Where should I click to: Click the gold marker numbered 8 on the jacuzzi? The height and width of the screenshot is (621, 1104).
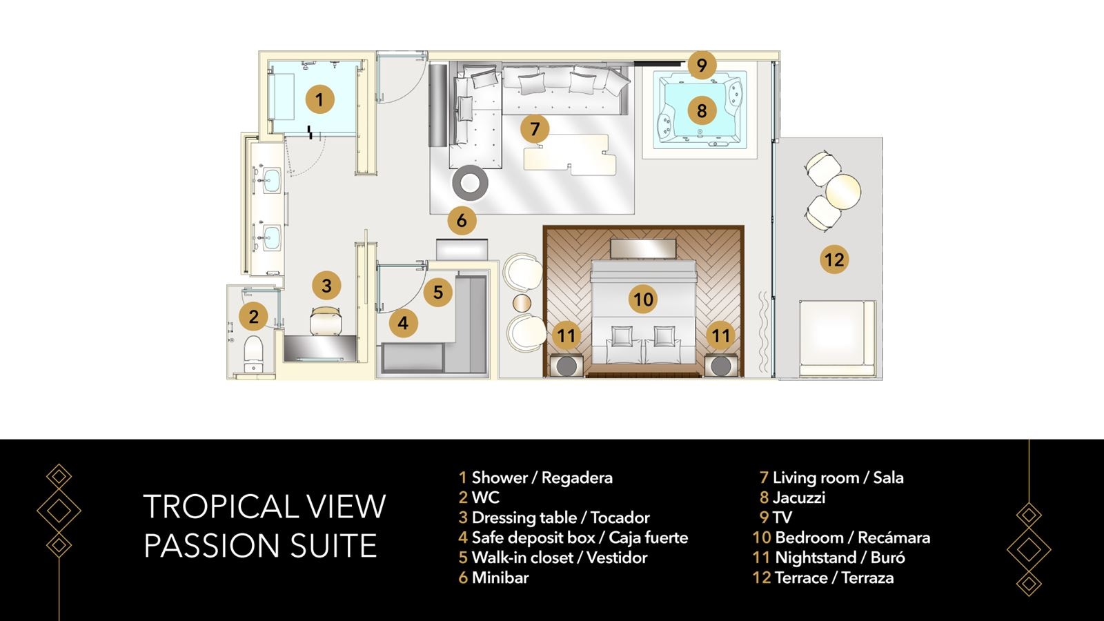702,110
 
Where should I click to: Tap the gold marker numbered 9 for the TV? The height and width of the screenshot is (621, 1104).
702,66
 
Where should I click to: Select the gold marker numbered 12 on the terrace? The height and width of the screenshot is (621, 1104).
834,260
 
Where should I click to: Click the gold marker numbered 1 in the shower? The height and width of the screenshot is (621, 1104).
319,99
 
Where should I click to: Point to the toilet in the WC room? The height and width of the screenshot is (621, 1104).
254,349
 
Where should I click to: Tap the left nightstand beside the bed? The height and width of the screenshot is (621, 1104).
566,365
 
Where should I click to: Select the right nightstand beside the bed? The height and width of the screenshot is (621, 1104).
721,365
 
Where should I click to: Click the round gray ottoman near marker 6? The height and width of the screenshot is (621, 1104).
471,183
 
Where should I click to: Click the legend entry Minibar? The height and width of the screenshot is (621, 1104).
500,578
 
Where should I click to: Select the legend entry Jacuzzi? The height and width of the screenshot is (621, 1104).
798,497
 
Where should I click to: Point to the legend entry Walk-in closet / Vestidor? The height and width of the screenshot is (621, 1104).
559,558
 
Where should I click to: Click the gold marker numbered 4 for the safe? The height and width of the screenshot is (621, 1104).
403,323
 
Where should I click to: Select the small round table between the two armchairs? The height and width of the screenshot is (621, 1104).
522,304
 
